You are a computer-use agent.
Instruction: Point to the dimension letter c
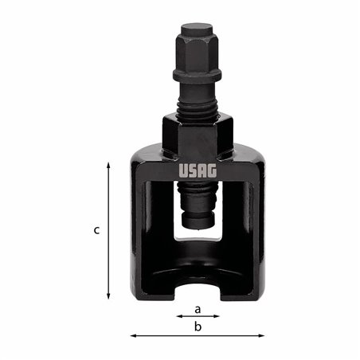pos(96,230)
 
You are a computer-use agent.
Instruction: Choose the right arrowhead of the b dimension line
pos(263,335)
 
